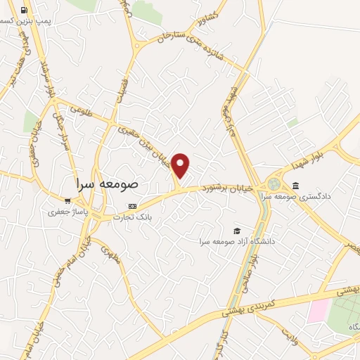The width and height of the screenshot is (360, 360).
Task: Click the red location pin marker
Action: (x=181, y=165)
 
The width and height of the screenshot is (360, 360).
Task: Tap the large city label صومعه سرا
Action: (x=108, y=184)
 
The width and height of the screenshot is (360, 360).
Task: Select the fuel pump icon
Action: (x=25, y=11)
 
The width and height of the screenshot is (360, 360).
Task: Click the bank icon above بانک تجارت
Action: (x=132, y=206)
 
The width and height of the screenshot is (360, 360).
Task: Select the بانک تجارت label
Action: (x=143, y=218)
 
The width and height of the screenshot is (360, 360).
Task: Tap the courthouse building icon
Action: (x=295, y=186)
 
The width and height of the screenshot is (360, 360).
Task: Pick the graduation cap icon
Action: (x=237, y=231)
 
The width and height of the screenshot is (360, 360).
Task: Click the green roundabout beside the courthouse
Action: (x=273, y=184)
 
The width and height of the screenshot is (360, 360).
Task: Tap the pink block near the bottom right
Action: (x=319, y=310)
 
